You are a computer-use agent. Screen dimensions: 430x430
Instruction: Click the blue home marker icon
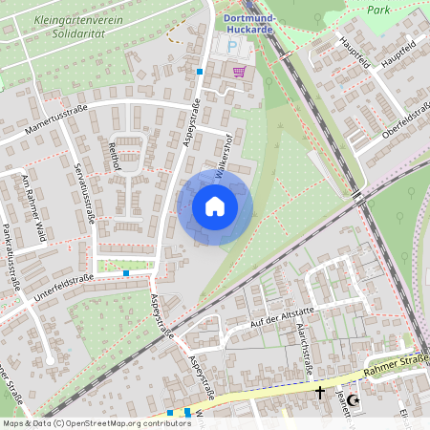[x=215, y=206]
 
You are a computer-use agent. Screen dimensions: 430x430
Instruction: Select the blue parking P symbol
[x=229, y=46]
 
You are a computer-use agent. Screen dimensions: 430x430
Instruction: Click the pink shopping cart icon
[x=238, y=71]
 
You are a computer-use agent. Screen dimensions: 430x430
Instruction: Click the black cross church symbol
[x=320, y=392]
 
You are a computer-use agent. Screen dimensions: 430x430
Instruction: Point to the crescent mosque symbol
[x=353, y=400]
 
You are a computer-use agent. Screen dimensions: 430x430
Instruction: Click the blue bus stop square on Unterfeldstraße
[x=126, y=273]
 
